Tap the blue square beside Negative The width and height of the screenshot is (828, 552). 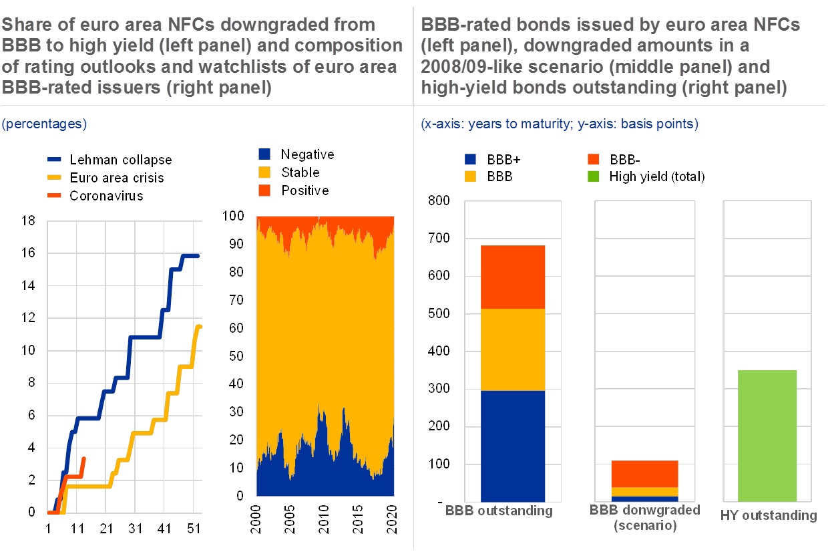264,154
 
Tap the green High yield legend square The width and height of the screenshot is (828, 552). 592,177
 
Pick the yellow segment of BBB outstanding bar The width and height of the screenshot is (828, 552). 513,349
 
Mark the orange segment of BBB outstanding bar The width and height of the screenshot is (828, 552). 513,277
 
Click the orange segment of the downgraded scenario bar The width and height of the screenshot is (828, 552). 644,474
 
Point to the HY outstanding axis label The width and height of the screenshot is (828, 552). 769,516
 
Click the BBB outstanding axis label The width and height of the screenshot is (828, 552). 499,511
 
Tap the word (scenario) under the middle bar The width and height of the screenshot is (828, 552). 645,526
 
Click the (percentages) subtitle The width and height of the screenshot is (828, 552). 44,124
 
